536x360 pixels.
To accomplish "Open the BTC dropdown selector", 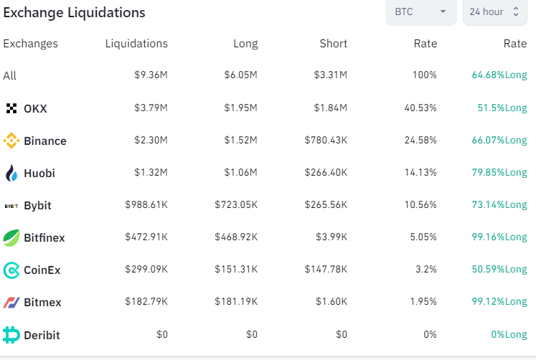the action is tap(420, 12).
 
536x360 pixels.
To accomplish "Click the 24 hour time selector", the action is tap(494, 12).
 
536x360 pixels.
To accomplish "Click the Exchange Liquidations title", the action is tap(74, 13).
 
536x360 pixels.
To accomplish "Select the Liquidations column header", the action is tap(136, 44).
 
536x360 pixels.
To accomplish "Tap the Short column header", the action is tap(333, 44).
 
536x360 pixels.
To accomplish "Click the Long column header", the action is tap(245, 44).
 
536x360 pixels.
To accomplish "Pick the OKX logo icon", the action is tap(11, 108).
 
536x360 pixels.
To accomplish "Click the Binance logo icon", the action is tap(11, 141).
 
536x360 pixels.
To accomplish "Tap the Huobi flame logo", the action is tap(11, 173).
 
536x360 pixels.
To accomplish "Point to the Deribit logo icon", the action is tap(11, 335).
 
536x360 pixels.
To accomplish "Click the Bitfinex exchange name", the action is tap(44, 237).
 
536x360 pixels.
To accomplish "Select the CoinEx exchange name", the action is tap(42, 270).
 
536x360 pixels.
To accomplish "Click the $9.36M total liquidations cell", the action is tap(151, 75).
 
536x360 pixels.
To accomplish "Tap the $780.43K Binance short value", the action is tap(326, 140).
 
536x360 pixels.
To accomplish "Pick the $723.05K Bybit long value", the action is tap(236, 204).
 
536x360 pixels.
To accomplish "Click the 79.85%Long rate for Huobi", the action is tap(499, 173).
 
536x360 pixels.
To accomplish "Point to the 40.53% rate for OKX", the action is tap(420, 108).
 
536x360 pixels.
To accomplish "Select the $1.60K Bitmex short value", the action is tap(332, 301).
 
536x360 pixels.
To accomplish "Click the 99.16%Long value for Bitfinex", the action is tap(499, 237).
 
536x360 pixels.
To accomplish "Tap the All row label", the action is tap(9, 75).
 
